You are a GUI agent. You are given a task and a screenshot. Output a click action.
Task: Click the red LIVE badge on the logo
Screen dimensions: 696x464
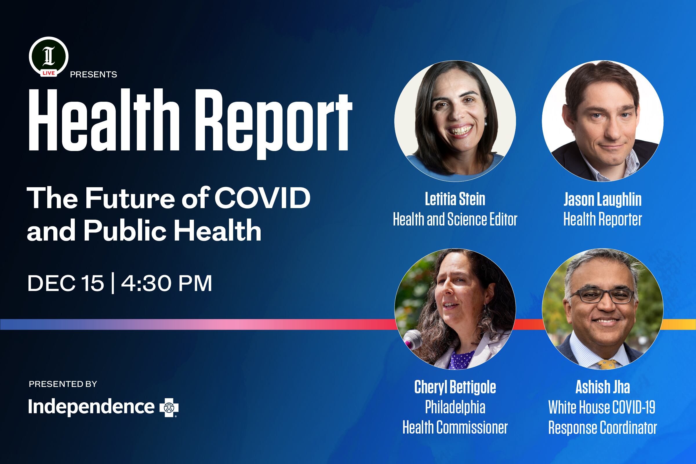pos(48,73)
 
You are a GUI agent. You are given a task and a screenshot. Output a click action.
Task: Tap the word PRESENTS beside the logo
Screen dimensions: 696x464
pos(94,74)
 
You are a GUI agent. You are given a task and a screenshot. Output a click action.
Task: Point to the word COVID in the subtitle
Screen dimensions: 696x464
pos(262,198)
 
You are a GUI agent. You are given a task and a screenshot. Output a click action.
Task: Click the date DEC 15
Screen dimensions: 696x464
pos(66,283)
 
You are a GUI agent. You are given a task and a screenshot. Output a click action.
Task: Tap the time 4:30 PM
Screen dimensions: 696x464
pos(166,283)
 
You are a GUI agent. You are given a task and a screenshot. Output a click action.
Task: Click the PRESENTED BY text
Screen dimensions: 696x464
pos(63,384)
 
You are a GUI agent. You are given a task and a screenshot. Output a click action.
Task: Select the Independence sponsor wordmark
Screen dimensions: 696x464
pos(91,407)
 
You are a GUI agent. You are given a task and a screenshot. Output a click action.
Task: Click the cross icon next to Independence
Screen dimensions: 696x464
pos(169,408)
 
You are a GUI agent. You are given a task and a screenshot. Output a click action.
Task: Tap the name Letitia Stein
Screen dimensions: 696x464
pos(455,199)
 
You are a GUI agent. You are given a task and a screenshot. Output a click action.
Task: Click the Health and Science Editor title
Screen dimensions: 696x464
pos(455,219)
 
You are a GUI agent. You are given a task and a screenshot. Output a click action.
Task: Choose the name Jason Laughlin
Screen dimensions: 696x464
pos(602,199)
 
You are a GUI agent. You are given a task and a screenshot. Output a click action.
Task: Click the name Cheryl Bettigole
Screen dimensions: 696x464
pos(455,387)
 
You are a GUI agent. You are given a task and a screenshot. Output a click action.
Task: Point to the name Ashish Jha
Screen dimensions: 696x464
pos(602,387)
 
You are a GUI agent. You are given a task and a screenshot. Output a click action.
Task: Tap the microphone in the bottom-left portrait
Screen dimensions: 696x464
pos(413,339)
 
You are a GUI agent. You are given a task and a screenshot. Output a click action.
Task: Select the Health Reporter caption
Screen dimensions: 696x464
pos(602,219)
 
